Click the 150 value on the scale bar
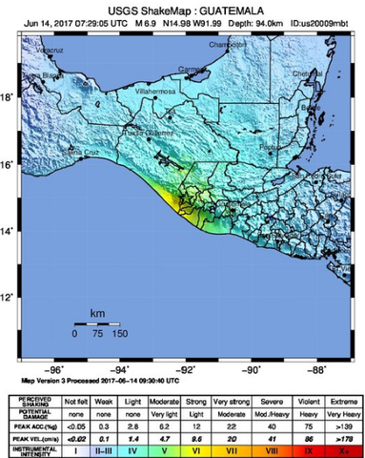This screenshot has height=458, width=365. (x=119, y=334)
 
